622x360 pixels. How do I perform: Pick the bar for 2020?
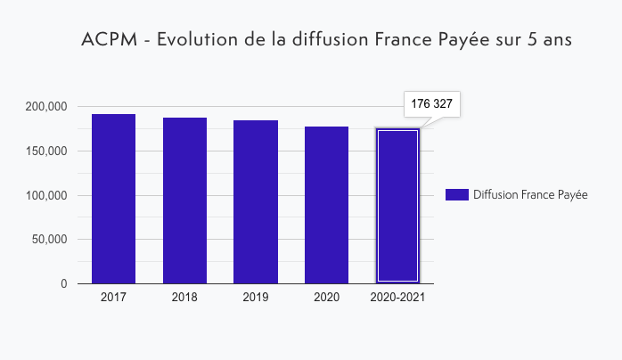tap(326, 205)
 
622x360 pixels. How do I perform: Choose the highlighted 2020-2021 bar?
tap(397, 206)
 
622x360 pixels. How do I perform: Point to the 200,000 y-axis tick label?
tap(45, 107)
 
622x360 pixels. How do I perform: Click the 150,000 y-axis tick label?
tap(45, 151)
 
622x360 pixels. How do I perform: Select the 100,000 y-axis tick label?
tap(45, 195)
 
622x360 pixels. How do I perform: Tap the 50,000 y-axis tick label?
tap(49, 240)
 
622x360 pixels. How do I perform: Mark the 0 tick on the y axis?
tap(63, 284)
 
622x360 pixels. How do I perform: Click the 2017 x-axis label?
tap(113, 297)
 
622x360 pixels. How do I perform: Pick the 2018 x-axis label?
tap(184, 297)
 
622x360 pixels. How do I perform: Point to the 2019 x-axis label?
tap(256, 297)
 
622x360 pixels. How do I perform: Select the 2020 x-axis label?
tap(326, 297)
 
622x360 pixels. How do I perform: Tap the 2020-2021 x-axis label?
tap(397, 297)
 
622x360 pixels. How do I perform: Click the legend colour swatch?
tap(456, 195)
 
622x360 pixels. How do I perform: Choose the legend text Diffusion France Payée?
tap(530, 195)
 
